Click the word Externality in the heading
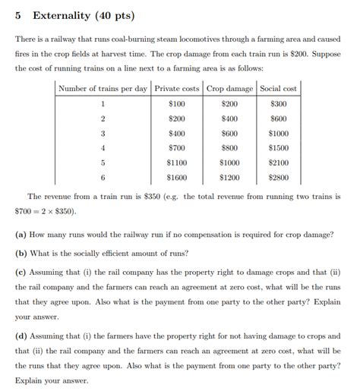(x=65, y=15)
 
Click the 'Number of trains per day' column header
(x=103, y=88)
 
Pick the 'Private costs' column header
(x=177, y=88)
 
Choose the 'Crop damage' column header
(x=229, y=88)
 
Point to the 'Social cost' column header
(x=278, y=88)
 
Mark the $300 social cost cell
(x=278, y=104)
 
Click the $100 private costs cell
(x=177, y=104)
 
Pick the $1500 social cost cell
(x=278, y=148)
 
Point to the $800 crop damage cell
(x=229, y=148)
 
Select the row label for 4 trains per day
(x=103, y=148)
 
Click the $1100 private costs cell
(x=177, y=162)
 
